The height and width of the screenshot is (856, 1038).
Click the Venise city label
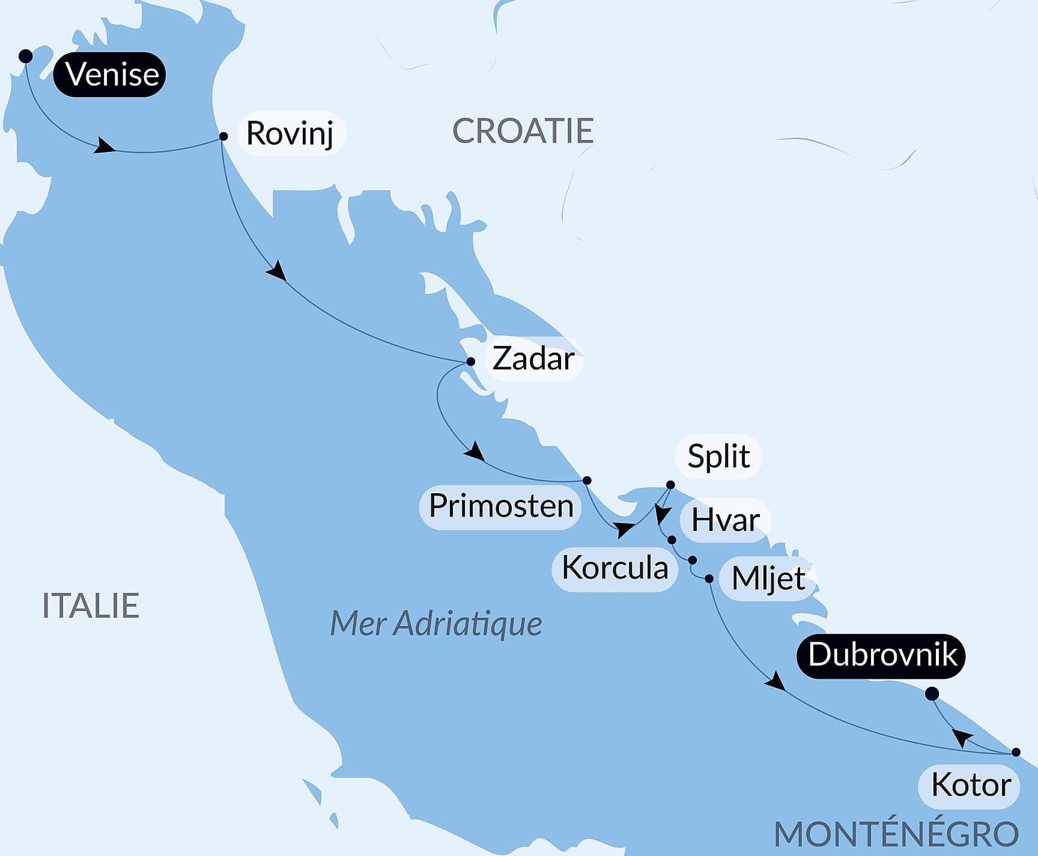click(x=109, y=74)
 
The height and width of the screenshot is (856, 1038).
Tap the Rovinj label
click(x=290, y=133)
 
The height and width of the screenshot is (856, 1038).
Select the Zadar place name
click(x=533, y=359)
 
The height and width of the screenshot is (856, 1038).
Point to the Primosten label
click(x=501, y=506)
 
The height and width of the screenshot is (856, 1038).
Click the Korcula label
click(x=615, y=568)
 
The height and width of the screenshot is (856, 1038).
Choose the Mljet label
click(x=768, y=579)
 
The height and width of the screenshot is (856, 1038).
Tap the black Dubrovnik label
click(x=882, y=655)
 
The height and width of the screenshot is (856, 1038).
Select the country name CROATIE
click(x=523, y=131)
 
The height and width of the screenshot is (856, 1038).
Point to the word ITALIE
click(x=91, y=606)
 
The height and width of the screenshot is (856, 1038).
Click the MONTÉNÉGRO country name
click(x=896, y=834)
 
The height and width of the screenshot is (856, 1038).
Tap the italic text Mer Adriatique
click(x=436, y=624)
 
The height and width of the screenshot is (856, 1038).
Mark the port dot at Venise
click(x=25, y=56)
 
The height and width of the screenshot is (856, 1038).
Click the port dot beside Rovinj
click(x=223, y=136)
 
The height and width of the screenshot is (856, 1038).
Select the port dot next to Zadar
click(x=471, y=362)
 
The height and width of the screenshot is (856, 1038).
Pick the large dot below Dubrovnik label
click(x=932, y=694)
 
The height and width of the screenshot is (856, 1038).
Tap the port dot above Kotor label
click(x=1016, y=752)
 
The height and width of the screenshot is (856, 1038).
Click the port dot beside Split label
click(x=671, y=485)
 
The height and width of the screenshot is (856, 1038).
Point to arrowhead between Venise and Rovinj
click(x=105, y=146)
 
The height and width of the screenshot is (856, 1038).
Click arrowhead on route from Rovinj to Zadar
click(x=277, y=271)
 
